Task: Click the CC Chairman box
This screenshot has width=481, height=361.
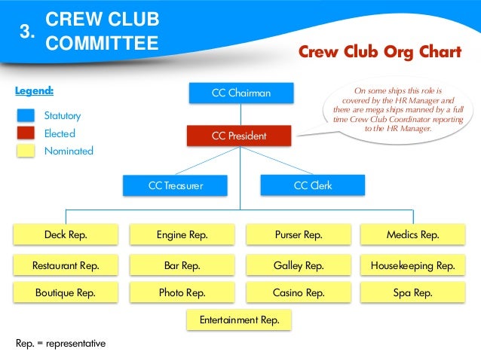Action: (x=240, y=93)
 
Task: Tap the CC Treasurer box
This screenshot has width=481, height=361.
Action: (x=175, y=185)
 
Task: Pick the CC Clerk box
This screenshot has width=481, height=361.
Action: (x=312, y=185)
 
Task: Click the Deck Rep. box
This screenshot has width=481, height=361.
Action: (x=66, y=235)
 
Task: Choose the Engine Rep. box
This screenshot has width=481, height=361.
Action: (x=182, y=235)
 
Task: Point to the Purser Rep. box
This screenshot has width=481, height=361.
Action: (x=299, y=235)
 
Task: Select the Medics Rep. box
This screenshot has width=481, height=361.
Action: (x=412, y=235)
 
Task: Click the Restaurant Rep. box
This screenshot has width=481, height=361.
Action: (x=66, y=265)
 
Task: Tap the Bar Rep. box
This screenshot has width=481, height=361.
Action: (x=182, y=265)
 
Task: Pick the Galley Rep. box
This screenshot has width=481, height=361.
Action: (x=299, y=265)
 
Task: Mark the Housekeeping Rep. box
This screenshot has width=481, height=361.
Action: (x=412, y=265)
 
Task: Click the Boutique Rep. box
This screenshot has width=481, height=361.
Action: (x=66, y=292)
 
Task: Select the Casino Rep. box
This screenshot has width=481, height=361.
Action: (x=299, y=292)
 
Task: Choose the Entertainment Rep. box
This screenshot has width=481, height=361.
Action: (x=239, y=320)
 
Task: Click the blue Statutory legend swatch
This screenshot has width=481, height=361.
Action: (x=26, y=116)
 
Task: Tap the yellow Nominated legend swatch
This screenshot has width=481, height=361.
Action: (x=26, y=151)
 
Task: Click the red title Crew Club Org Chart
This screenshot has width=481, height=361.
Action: (x=379, y=52)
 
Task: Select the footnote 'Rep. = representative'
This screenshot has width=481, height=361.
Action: (x=61, y=344)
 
